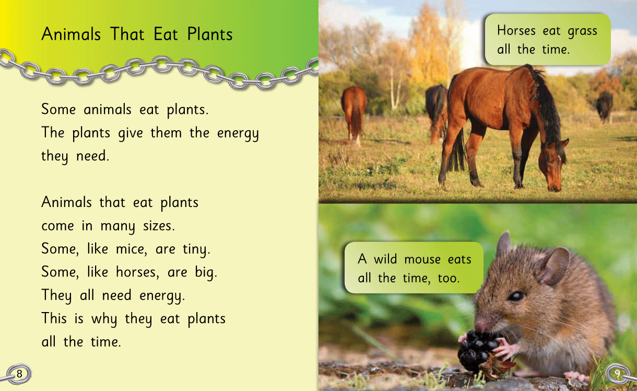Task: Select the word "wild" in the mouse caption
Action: [385, 259]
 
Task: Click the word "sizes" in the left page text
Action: [158, 226]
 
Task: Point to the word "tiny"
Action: [196, 249]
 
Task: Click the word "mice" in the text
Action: [132, 249]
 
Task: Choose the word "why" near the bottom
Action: [104, 319]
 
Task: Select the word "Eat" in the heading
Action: [166, 34]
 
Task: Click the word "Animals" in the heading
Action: [71, 34]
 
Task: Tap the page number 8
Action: [19, 374]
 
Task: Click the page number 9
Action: [617, 373]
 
